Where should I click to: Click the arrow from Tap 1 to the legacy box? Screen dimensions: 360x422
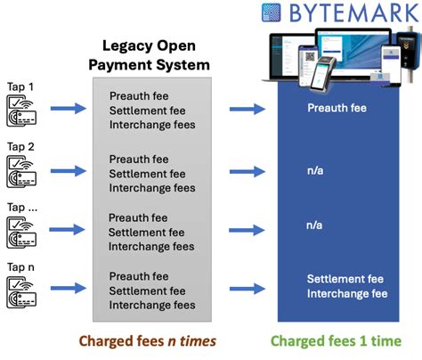click(x=67, y=110)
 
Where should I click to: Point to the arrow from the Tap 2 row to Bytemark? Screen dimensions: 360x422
click(x=247, y=168)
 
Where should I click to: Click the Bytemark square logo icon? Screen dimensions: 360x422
click(x=273, y=13)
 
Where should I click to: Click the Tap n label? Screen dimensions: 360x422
click(x=20, y=262)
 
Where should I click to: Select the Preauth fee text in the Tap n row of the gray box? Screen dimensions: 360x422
click(x=138, y=276)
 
